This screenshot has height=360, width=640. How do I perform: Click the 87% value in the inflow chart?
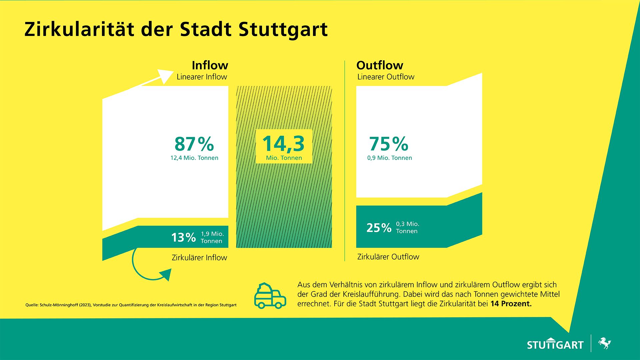[x=194, y=144]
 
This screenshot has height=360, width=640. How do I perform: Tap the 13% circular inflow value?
[x=183, y=238]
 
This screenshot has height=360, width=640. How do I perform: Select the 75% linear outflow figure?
[x=389, y=144]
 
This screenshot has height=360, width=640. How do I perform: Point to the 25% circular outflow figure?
[x=379, y=228]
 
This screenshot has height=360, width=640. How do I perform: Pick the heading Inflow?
[x=210, y=65]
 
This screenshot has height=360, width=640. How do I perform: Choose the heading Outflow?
[x=380, y=65]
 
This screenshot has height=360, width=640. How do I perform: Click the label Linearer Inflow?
[x=202, y=77]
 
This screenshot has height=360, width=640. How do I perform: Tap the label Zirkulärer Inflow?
[x=199, y=257]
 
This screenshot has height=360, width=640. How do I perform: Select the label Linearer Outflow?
[x=386, y=77]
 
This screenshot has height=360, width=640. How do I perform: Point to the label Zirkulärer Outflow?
[x=388, y=257]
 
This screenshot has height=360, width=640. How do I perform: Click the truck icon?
[x=270, y=296]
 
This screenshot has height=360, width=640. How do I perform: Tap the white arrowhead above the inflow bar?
[x=165, y=76]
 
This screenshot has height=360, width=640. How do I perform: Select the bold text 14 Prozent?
[x=511, y=304]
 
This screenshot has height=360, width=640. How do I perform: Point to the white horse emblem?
[x=604, y=343]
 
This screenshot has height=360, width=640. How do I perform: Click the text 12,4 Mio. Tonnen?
[x=194, y=158]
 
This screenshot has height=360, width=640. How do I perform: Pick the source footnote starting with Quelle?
[x=131, y=305]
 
